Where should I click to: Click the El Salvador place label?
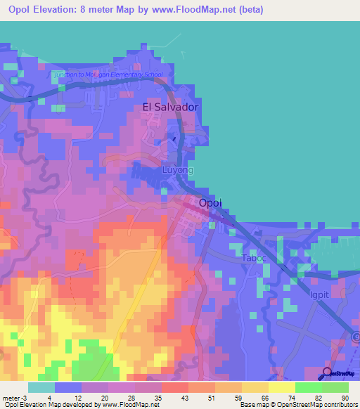(170, 107)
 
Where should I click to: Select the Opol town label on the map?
(210, 202)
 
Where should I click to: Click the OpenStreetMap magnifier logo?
(328, 372)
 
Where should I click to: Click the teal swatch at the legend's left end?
(41, 387)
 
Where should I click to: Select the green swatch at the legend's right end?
(335, 387)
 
